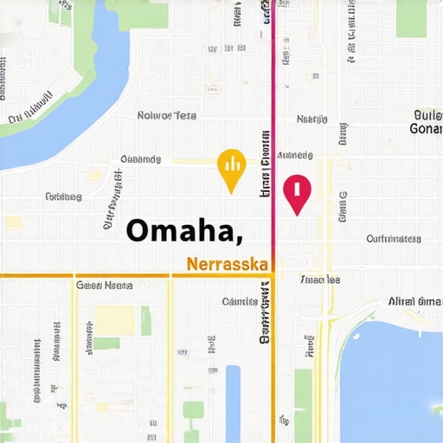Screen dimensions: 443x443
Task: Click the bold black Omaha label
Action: click(183, 230)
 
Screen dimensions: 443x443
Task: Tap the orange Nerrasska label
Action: click(228, 263)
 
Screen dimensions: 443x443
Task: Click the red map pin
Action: click(296, 192)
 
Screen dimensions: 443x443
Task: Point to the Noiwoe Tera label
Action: click(167, 115)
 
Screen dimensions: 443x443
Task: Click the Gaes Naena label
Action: click(104, 285)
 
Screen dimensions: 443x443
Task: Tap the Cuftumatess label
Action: click(394, 239)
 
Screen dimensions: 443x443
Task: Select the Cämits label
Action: click(240, 302)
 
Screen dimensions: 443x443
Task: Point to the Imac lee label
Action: click(319, 279)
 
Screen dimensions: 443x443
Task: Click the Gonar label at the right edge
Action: click(426, 129)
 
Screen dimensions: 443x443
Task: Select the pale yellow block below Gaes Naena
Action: click(115, 320)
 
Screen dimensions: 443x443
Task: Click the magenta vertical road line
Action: click(273, 104)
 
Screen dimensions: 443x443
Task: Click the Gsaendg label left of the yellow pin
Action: click(140, 159)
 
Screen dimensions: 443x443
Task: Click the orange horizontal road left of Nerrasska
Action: click(87, 275)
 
